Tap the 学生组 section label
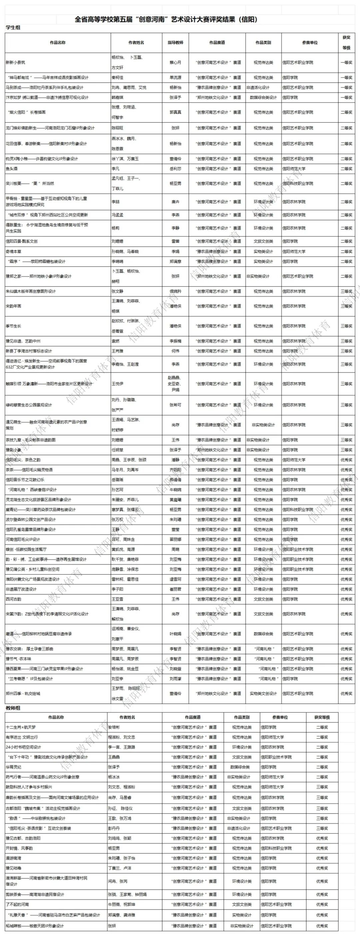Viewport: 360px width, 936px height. click(x=13, y=28)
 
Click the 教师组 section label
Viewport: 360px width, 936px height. click(x=13, y=708)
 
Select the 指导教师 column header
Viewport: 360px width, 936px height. click(x=175, y=42)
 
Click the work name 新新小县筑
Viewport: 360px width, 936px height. click(x=16, y=62)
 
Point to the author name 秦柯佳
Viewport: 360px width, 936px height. click(x=117, y=77)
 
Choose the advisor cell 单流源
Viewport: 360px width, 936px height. click(x=175, y=77)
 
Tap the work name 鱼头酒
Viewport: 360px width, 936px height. click(x=11, y=168)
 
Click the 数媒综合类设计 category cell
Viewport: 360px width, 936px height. click(x=263, y=97)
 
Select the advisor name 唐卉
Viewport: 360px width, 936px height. click(x=175, y=202)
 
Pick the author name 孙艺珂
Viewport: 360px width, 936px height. click(x=117, y=489)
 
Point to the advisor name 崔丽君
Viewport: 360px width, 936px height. click(x=175, y=589)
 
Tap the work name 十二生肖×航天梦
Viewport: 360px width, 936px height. click(x=21, y=727)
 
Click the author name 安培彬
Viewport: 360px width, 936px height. click(x=114, y=727)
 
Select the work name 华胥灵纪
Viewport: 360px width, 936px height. click(x=13, y=767)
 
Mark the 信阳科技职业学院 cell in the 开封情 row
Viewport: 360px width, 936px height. click(x=276, y=848)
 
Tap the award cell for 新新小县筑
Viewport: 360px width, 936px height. click(x=346, y=62)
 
